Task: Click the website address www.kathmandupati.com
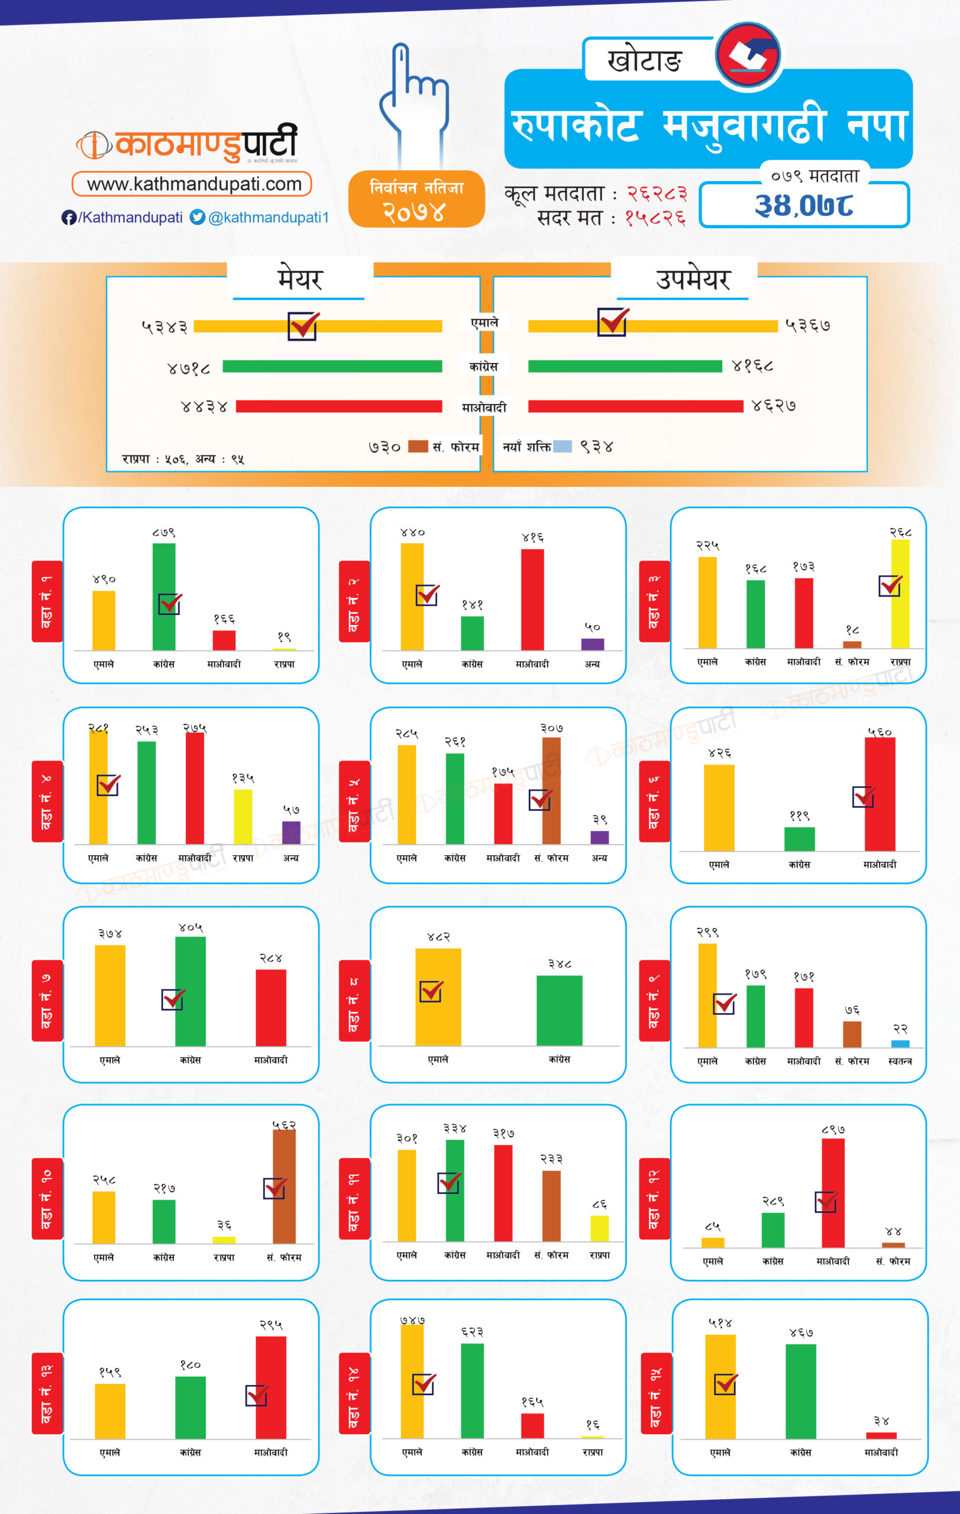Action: point(192,184)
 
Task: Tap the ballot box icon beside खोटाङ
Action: point(748,54)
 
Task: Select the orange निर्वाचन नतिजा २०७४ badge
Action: point(416,199)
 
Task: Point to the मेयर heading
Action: point(299,279)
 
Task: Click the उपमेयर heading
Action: point(693,279)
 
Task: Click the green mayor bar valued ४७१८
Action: point(332,367)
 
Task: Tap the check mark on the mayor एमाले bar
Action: point(303,325)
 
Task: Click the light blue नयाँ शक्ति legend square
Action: point(562,447)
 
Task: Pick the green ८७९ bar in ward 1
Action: point(164,596)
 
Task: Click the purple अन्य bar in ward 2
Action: point(592,645)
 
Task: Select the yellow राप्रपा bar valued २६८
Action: point(900,594)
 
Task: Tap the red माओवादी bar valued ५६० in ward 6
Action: point(880,794)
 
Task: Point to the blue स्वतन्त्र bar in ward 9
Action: point(900,1044)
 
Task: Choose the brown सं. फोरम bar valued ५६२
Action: point(284,1186)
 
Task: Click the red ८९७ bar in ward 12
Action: point(833,1193)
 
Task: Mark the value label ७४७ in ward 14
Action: point(412,1319)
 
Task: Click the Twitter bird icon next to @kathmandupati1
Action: point(198,218)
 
